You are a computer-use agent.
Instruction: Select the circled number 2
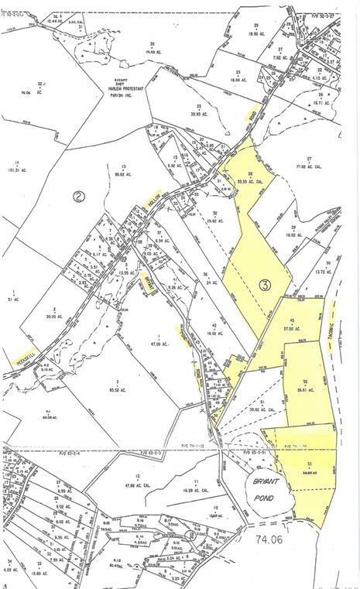coord(79,196)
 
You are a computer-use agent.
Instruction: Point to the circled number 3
coord(265,286)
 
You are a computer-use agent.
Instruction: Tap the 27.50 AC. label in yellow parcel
coord(293,328)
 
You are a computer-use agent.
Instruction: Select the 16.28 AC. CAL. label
coord(197,489)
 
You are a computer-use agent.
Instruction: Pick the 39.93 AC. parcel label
coord(199,112)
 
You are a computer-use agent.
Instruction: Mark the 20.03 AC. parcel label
coord(53,316)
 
